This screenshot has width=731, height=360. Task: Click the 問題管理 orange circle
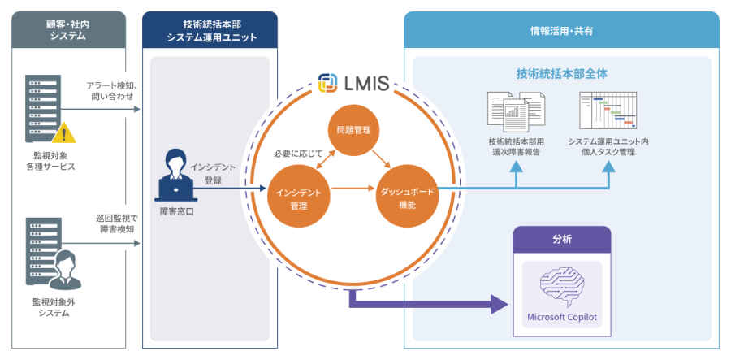coord(353,129)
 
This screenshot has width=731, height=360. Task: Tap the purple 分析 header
coord(562,241)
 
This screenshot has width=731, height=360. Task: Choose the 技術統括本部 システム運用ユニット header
coord(210,30)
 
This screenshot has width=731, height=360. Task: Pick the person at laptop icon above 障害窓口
coord(177,175)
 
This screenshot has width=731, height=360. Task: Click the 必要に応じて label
coord(298,153)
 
